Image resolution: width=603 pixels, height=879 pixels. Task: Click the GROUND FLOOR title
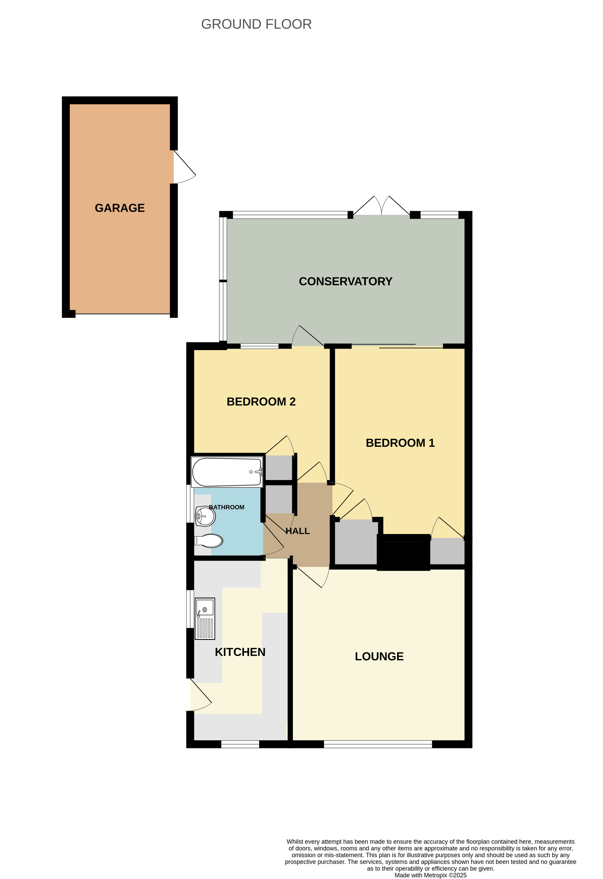pos(256,24)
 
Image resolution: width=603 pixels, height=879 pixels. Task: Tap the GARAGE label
pos(120,208)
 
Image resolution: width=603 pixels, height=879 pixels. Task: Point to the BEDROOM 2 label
pos(261,402)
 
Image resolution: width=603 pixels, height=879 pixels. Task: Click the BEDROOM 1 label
pos(400,443)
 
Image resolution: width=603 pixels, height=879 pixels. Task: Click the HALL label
pos(298,531)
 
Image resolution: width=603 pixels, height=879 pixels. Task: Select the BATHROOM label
pos(226,507)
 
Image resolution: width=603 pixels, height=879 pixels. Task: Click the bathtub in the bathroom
pos(227,472)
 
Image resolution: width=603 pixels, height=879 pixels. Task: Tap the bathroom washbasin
pos(205,516)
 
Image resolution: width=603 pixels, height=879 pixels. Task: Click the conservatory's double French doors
pos(382,206)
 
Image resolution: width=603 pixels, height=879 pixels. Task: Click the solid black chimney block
pos(403,552)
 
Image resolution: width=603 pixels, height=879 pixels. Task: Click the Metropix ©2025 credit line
pos(430,875)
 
